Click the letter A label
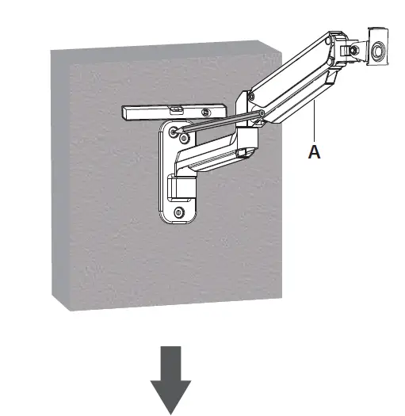tap(315, 153)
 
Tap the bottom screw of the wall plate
tap(180, 212)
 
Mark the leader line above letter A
tap(315, 127)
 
